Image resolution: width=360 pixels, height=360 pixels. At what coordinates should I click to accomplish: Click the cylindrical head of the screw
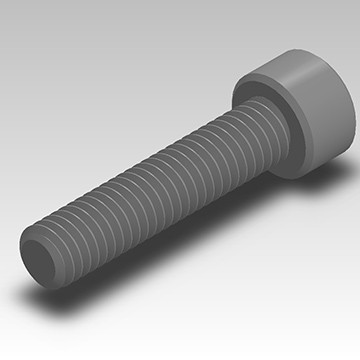point(300,110)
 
